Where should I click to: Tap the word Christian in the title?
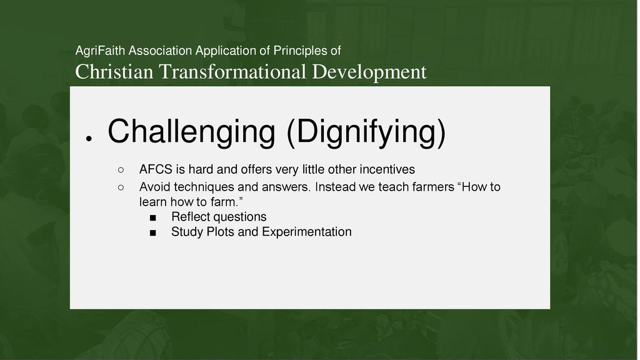point(114,72)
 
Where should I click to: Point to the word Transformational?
point(232,72)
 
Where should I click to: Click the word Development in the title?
point(369,72)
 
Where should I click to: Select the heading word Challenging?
point(191,132)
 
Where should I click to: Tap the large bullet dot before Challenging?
point(89,139)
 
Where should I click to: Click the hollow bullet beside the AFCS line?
point(121,169)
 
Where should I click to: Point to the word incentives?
point(387,169)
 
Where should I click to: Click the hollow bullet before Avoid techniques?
point(121,187)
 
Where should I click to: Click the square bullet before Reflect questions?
point(152,218)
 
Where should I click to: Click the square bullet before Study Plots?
point(152,233)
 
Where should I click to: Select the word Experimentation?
point(306,232)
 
